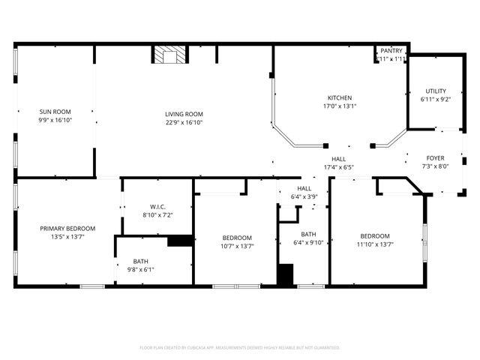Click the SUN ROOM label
pos(55,112)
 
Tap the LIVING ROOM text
pos(184,114)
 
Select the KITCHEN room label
pos(339,98)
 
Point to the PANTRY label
pos(391,50)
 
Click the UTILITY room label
pos(435,91)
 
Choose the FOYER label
pos(435,158)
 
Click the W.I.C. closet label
pos(157,207)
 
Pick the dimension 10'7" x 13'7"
pos(237,245)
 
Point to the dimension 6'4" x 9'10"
pos(307,242)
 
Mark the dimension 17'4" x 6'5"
pos(339,167)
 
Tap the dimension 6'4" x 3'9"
pos(304,196)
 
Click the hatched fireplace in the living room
pos(169,55)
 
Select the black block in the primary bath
pos(179,241)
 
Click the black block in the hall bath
pos(286,274)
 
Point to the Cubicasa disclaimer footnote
pos(240,347)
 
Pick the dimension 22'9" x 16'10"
pos(184,122)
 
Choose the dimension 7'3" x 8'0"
pos(435,166)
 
